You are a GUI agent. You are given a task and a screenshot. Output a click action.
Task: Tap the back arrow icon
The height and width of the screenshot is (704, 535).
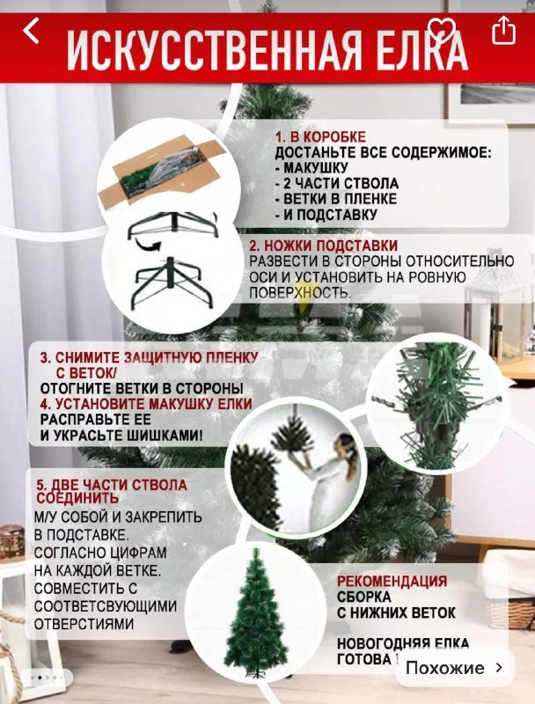(32, 31)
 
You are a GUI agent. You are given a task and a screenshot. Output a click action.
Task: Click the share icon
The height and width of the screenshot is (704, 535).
(503, 31)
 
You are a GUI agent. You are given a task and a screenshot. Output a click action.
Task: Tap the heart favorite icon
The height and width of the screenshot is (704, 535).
(442, 31)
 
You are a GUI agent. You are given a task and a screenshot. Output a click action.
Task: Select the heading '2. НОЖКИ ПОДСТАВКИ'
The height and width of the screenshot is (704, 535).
(323, 246)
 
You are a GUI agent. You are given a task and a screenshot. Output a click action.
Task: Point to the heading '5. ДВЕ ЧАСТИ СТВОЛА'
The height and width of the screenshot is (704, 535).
(111, 485)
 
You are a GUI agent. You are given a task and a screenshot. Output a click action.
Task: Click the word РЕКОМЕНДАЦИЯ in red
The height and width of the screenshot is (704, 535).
(392, 582)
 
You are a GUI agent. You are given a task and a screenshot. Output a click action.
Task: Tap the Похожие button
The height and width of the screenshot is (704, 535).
(452, 668)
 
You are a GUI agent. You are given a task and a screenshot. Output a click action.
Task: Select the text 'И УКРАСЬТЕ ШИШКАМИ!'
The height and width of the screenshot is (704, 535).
(121, 436)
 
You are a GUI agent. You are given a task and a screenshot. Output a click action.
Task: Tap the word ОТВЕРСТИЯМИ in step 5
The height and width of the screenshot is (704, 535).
(84, 624)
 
